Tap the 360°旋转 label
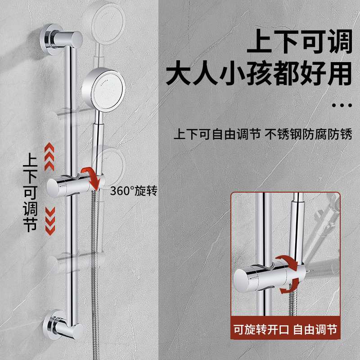133,191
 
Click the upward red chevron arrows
49,156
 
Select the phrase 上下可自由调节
218,135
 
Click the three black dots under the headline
342,105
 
